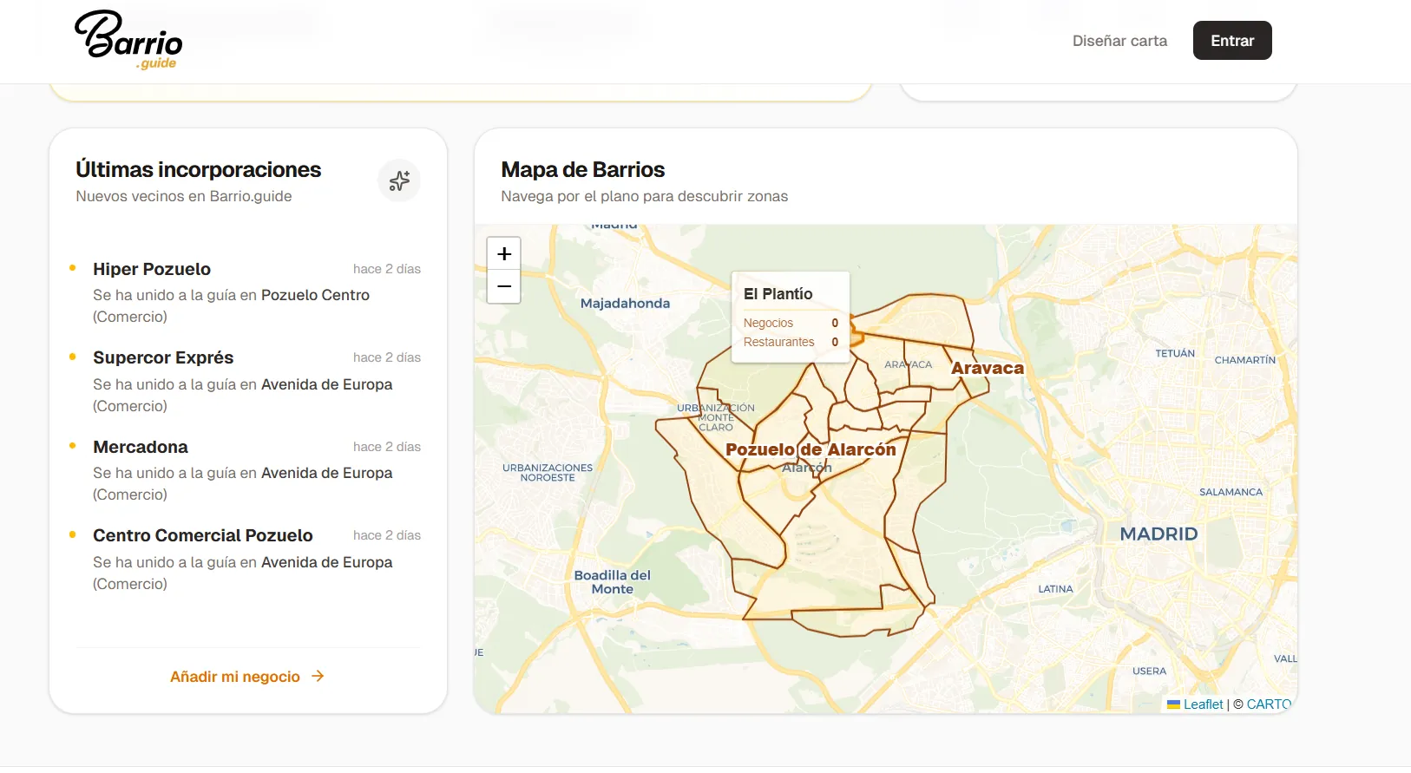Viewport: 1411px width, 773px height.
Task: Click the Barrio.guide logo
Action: click(x=128, y=40)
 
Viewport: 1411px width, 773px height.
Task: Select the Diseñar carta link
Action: click(x=1119, y=41)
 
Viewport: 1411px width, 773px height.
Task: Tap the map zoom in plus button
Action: click(x=504, y=254)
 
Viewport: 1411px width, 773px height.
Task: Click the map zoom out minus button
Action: click(x=504, y=286)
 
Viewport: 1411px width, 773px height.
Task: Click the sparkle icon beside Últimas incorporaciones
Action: click(x=399, y=180)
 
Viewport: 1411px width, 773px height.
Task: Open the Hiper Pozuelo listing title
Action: click(x=152, y=269)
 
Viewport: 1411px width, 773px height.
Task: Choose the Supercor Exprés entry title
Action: click(x=163, y=357)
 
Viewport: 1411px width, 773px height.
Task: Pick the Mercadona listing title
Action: click(x=141, y=447)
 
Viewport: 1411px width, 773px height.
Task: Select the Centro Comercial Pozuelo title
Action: click(x=203, y=535)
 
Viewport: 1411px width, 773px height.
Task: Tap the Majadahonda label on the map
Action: click(x=625, y=304)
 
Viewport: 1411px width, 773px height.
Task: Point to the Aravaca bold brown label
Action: click(x=988, y=368)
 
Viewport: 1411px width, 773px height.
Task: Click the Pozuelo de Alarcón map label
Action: click(x=811, y=449)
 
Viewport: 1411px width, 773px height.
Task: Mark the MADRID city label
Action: click(x=1158, y=534)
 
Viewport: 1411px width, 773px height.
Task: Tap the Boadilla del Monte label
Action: click(x=613, y=582)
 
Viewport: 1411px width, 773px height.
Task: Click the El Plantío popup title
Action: click(x=778, y=294)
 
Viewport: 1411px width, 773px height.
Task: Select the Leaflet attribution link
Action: click(x=1203, y=704)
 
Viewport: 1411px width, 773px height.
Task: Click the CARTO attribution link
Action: click(x=1269, y=704)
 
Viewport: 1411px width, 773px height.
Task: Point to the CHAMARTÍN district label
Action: click(x=1244, y=360)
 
